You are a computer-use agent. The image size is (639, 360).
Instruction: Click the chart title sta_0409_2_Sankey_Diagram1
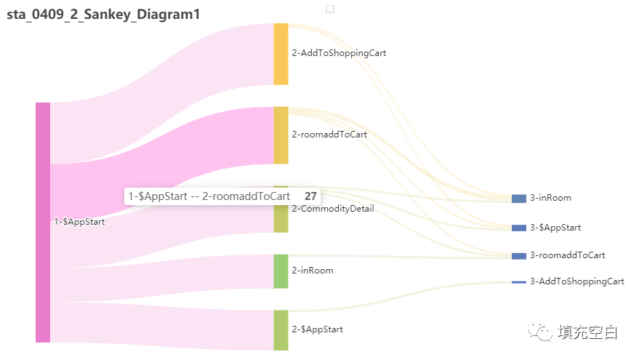(103, 14)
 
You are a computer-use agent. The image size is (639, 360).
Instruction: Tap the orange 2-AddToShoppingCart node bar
(281, 54)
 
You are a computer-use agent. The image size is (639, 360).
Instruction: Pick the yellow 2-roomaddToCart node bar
(281, 135)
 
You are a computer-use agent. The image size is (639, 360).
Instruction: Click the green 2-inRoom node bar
(281, 271)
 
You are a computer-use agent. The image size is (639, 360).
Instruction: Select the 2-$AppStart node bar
(281, 330)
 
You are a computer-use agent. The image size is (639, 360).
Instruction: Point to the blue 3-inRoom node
(518, 199)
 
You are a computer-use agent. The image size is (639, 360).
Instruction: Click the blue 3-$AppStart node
(518, 228)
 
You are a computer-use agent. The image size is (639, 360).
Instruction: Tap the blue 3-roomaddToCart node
(518, 256)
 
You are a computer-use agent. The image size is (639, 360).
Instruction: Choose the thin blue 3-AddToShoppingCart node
(518, 282)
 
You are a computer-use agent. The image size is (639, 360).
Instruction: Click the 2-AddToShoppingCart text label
(339, 53)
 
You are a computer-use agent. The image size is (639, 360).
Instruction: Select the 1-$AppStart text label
(79, 222)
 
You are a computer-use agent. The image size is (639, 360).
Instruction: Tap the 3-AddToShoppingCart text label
(576, 281)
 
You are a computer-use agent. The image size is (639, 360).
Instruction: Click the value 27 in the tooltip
(310, 196)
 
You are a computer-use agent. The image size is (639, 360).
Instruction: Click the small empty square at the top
(330, 9)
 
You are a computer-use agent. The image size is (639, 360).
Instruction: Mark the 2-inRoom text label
(313, 271)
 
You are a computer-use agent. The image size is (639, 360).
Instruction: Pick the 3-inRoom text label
(550, 198)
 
